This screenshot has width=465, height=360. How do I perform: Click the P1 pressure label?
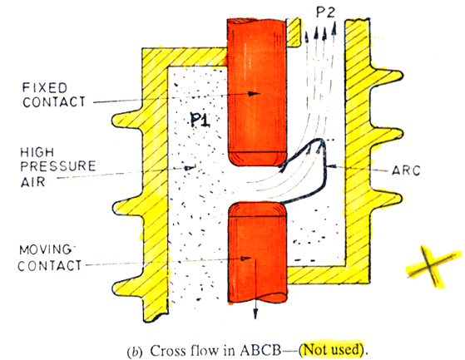click(x=200, y=120)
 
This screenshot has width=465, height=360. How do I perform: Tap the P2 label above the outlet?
click(x=325, y=12)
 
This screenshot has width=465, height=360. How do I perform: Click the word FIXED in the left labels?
click(x=45, y=88)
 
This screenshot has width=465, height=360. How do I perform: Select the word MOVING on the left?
click(x=45, y=249)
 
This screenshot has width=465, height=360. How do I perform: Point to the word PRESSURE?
click(x=58, y=166)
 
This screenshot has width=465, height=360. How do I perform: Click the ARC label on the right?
click(x=406, y=170)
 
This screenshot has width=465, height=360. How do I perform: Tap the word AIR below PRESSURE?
click(x=33, y=181)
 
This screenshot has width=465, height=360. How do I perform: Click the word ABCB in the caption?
click(x=260, y=351)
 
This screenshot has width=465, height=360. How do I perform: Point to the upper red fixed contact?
click(x=257, y=91)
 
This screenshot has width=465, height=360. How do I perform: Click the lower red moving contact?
click(x=257, y=253)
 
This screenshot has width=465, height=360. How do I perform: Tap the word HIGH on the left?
click(x=37, y=152)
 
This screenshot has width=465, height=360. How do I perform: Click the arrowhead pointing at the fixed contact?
click(x=254, y=94)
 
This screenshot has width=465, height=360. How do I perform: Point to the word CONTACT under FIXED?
click(x=54, y=102)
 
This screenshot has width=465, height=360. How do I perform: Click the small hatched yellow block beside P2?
click(x=294, y=32)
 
